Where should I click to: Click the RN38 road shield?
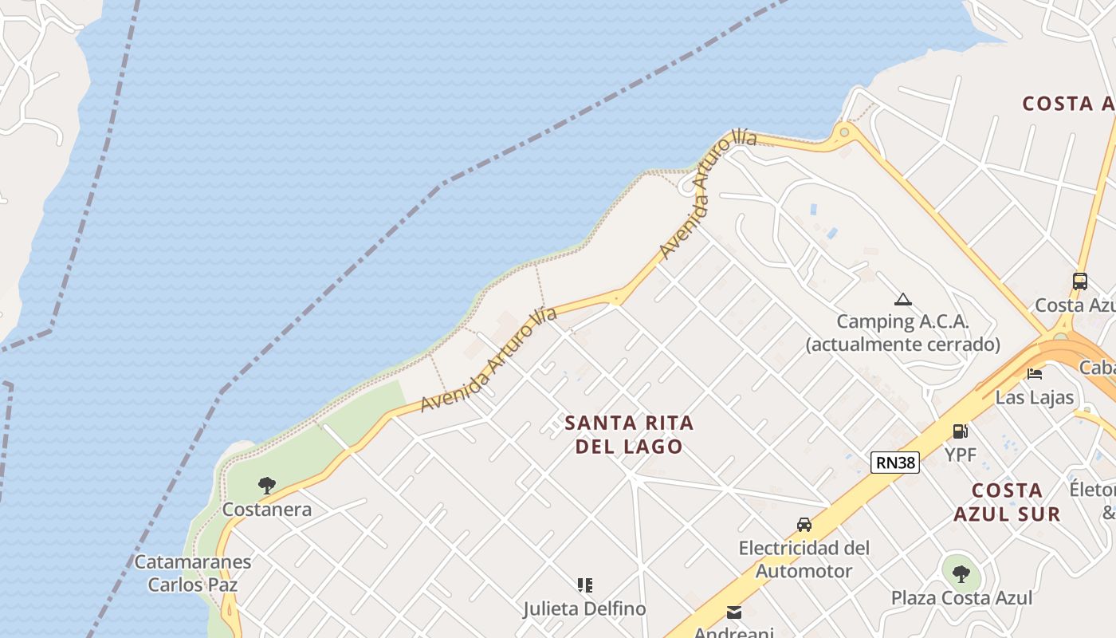[895, 463]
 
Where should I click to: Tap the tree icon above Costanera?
[267, 485]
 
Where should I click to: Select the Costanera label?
[267, 510]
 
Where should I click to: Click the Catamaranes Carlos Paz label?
[193, 573]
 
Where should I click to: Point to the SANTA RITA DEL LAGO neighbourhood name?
[630, 435]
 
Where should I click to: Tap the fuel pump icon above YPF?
[961, 431]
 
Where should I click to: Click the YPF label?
[961, 454]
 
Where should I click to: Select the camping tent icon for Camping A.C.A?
[902, 300]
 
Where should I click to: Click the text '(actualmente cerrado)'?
[902, 345]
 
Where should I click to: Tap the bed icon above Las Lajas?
[1035, 373]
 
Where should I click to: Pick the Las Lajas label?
[1035, 397]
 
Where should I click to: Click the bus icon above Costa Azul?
[1080, 281]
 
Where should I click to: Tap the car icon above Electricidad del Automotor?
[804, 525]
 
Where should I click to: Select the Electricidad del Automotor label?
[804, 560]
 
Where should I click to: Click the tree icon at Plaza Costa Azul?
[961, 573]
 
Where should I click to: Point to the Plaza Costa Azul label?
[961, 598]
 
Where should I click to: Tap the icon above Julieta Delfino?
[585, 585]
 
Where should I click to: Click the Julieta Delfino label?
[585, 609]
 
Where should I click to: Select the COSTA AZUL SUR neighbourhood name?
[1008, 502]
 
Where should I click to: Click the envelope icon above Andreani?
[734, 613]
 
